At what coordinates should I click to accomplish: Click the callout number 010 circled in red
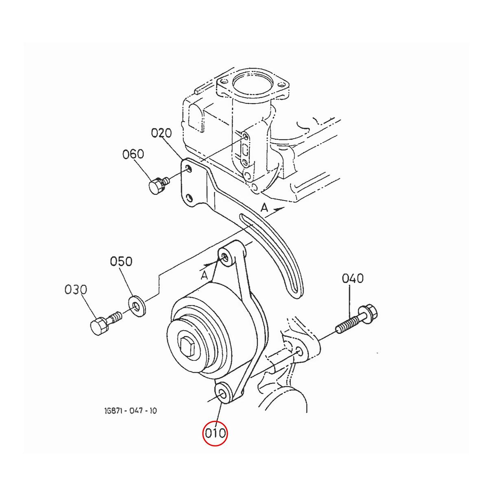coord(215,434)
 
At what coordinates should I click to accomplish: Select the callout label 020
coord(161,133)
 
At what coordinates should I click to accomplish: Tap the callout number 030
coord(76,290)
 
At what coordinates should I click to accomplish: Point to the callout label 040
coord(353,279)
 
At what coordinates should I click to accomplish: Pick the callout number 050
coord(121,261)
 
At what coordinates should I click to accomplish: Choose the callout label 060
coord(133,154)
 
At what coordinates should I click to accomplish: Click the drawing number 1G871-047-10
coord(130,410)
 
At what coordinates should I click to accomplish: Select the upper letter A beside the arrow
coord(264,208)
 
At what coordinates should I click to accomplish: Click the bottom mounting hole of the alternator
coord(223,393)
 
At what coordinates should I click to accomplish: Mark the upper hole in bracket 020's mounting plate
coord(188,168)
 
